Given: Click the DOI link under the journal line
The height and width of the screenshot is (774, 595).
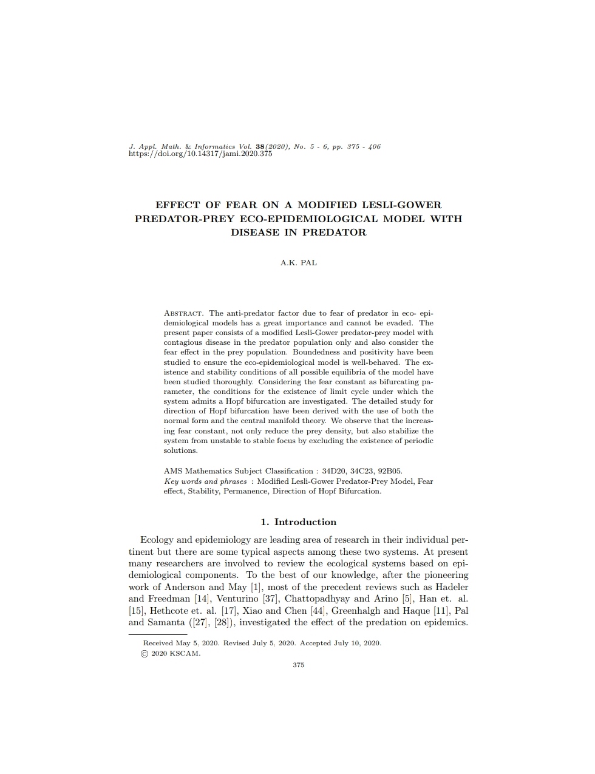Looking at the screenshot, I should click(200, 154).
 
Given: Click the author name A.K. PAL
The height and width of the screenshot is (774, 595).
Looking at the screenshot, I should click(298, 263).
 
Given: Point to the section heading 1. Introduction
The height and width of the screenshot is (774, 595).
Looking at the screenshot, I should click(298, 522).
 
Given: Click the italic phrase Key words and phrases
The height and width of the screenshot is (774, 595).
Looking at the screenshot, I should click(205, 481).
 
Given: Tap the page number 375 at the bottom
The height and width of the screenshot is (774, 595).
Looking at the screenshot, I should click(298, 665).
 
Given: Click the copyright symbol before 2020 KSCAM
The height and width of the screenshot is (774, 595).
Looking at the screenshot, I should click(144, 654).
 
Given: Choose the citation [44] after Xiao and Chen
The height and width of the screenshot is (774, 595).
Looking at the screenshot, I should click(318, 611).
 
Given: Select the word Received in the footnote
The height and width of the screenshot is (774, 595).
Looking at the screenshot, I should click(158, 643).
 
